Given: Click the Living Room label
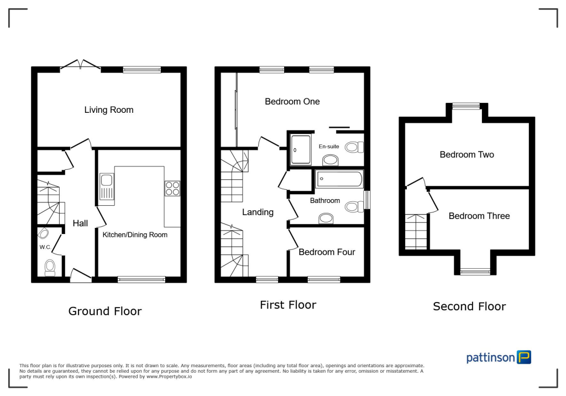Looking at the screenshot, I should (x=109, y=110).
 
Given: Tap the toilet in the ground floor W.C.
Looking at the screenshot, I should (x=50, y=268).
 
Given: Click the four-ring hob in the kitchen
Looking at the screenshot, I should (x=172, y=189).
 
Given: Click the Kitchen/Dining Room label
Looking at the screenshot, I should (x=135, y=235).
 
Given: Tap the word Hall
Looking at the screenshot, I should (x=80, y=223).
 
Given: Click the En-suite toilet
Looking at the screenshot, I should (x=354, y=147).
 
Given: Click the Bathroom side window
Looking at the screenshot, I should (x=367, y=200).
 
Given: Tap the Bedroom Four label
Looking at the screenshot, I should (x=327, y=252).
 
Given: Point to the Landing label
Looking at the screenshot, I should (x=258, y=212).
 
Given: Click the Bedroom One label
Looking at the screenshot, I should (x=292, y=102).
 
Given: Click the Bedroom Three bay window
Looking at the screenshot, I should (x=475, y=270).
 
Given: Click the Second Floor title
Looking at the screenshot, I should (x=469, y=306).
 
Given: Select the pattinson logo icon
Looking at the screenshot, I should (x=523, y=357).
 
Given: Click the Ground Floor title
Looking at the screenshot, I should (x=104, y=311).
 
